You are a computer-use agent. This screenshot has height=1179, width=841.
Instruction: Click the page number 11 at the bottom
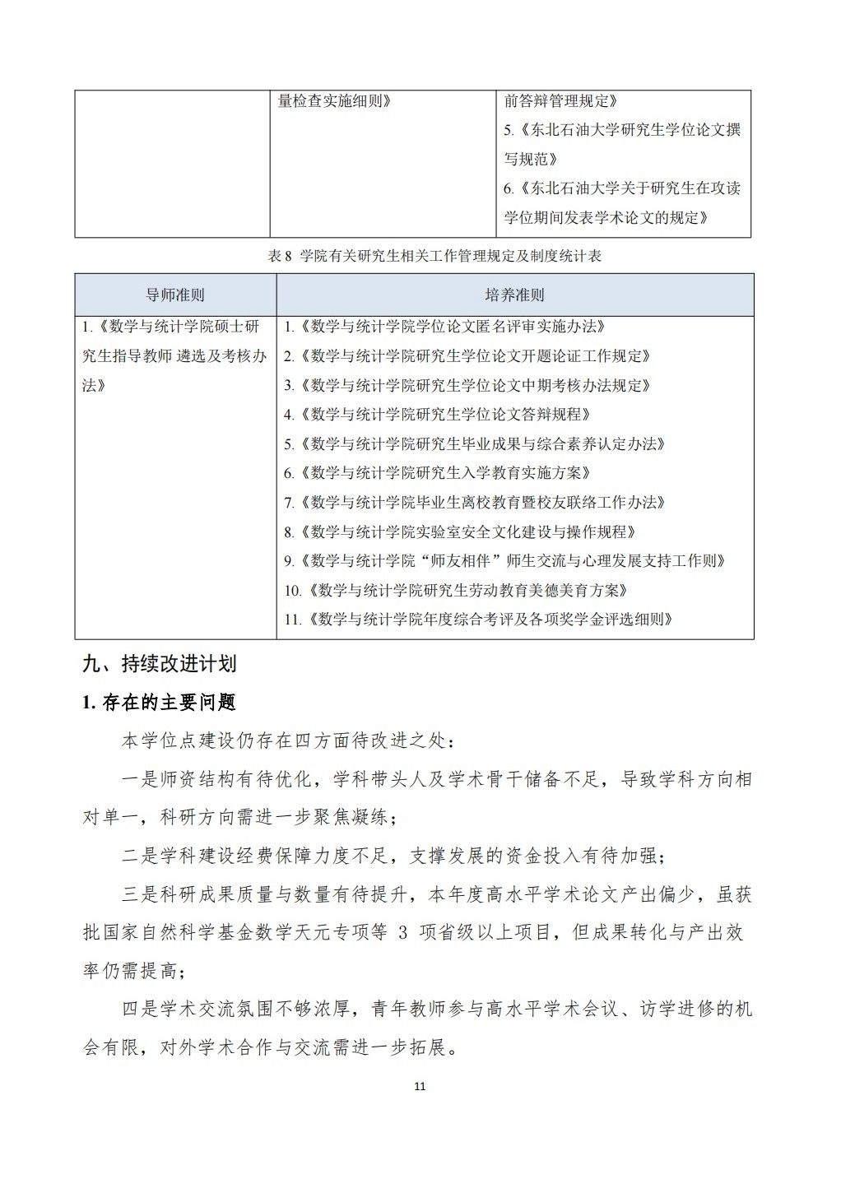(420, 1086)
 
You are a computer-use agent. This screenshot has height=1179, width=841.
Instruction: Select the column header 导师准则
(174, 295)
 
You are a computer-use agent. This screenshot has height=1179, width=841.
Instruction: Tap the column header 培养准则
(514, 295)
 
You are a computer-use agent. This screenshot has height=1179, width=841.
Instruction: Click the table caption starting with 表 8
(434, 256)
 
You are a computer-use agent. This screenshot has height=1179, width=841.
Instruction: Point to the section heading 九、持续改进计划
(160, 663)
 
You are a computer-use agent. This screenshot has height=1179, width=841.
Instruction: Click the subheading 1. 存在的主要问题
(159, 702)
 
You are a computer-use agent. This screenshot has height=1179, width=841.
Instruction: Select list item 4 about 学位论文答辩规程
(438, 415)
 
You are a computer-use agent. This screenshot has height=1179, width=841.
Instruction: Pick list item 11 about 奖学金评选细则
(479, 620)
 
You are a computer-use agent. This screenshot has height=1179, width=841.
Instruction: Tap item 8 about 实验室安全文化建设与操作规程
(461, 531)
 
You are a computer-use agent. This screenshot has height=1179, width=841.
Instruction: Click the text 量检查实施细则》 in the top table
(335, 101)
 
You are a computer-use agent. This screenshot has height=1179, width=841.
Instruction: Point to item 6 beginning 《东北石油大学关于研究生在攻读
(622, 188)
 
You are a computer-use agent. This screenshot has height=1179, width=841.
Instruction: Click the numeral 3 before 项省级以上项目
(402, 933)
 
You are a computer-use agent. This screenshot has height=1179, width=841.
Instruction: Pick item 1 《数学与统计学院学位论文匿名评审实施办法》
(445, 327)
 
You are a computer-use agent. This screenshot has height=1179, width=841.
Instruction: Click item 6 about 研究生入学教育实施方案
(438, 473)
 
